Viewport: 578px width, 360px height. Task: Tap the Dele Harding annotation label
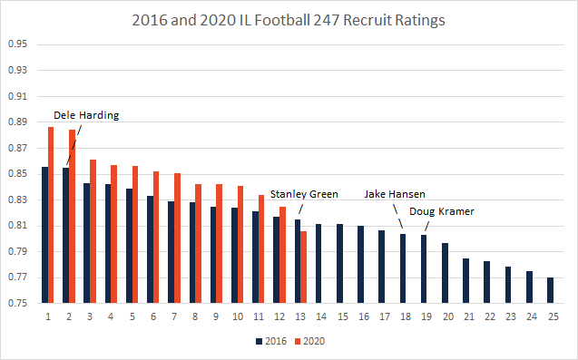pos(86,115)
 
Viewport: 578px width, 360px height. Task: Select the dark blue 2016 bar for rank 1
pos(43,235)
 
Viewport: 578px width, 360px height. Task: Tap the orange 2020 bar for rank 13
pos(303,268)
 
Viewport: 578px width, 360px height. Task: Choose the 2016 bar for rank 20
pos(445,273)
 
